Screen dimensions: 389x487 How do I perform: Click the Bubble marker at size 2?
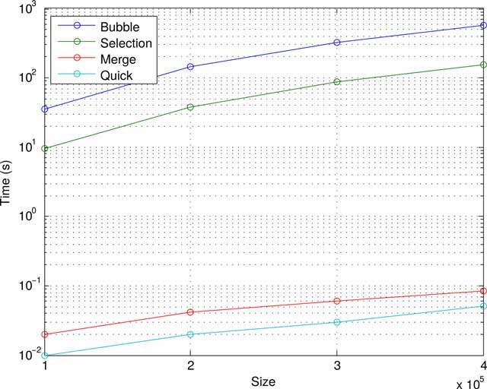click(x=190, y=67)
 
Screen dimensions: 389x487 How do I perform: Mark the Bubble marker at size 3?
click(x=336, y=43)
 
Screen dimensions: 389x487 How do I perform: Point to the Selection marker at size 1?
click(x=45, y=148)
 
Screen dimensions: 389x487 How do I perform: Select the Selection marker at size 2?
click(x=190, y=107)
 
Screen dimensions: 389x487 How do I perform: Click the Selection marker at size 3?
click(x=336, y=82)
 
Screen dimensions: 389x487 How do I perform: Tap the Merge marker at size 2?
click(x=190, y=312)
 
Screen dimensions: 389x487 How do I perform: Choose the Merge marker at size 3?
click(x=336, y=301)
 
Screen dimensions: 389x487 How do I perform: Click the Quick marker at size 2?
click(x=190, y=334)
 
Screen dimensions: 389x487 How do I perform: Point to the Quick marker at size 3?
click(x=336, y=322)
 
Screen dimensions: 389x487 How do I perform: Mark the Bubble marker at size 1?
click(x=45, y=109)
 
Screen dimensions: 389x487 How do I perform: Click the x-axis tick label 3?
click(x=336, y=365)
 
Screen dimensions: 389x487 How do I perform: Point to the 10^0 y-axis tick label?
click(x=28, y=217)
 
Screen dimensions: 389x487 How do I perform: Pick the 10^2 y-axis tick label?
click(x=28, y=77)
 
